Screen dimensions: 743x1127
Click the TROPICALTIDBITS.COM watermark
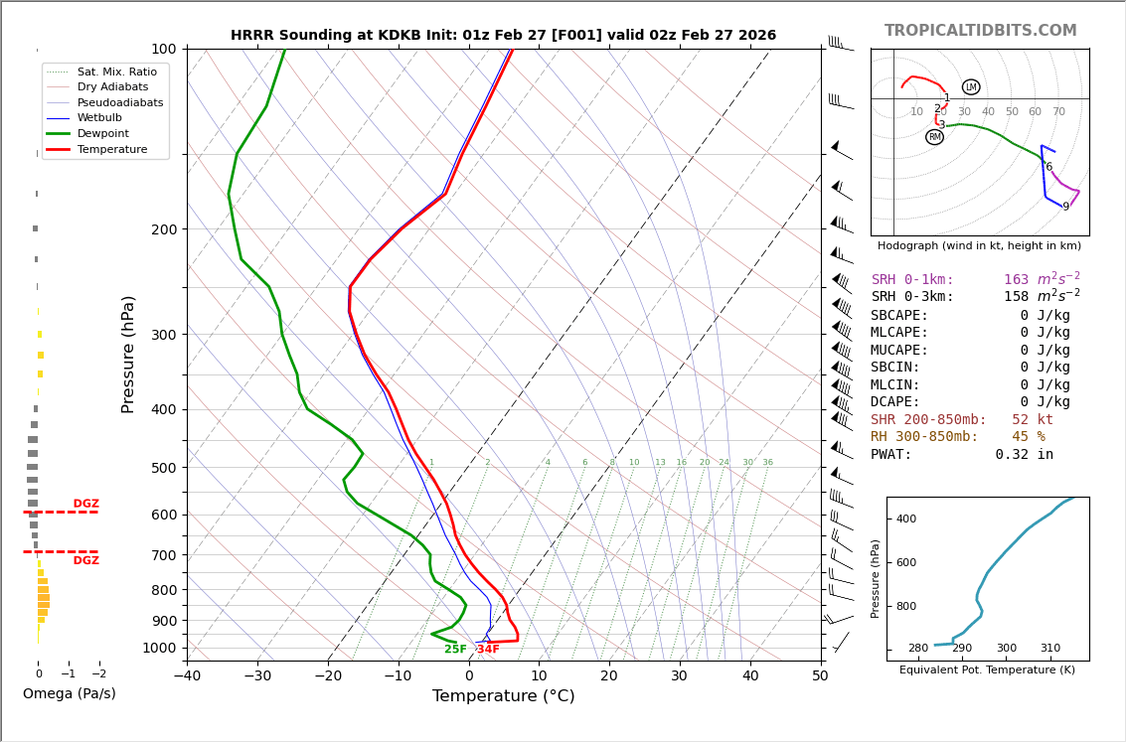pyautogui.click(x=980, y=31)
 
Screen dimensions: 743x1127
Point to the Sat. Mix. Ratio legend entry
pyautogui.click(x=116, y=73)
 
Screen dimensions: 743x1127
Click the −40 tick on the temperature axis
pyautogui.click(x=187, y=676)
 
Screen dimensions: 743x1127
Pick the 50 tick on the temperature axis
pyautogui.click(x=820, y=676)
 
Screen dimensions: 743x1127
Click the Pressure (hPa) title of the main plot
pyautogui.click(x=128, y=354)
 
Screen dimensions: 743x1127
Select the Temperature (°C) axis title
pyautogui.click(x=503, y=696)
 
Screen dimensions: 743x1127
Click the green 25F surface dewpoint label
pyautogui.click(x=455, y=650)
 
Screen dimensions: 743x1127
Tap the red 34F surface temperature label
pyautogui.click(x=488, y=650)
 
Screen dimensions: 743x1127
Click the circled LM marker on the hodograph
pyautogui.click(x=971, y=87)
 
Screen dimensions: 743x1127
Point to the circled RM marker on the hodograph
pyautogui.click(x=934, y=137)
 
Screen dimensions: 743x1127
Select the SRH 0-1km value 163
pyautogui.click(x=1016, y=280)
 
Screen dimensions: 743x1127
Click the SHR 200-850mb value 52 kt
pyautogui.click(x=1032, y=420)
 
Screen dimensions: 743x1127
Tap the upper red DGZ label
pyautogui.click(x=85, y=504)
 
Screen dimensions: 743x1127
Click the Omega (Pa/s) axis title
pyautogui.click(x=69, y=693)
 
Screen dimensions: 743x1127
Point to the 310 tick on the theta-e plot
pyautogui.click(x=1050, y=649)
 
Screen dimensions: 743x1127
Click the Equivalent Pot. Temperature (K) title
pyautogui.click(x=987, y=670)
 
